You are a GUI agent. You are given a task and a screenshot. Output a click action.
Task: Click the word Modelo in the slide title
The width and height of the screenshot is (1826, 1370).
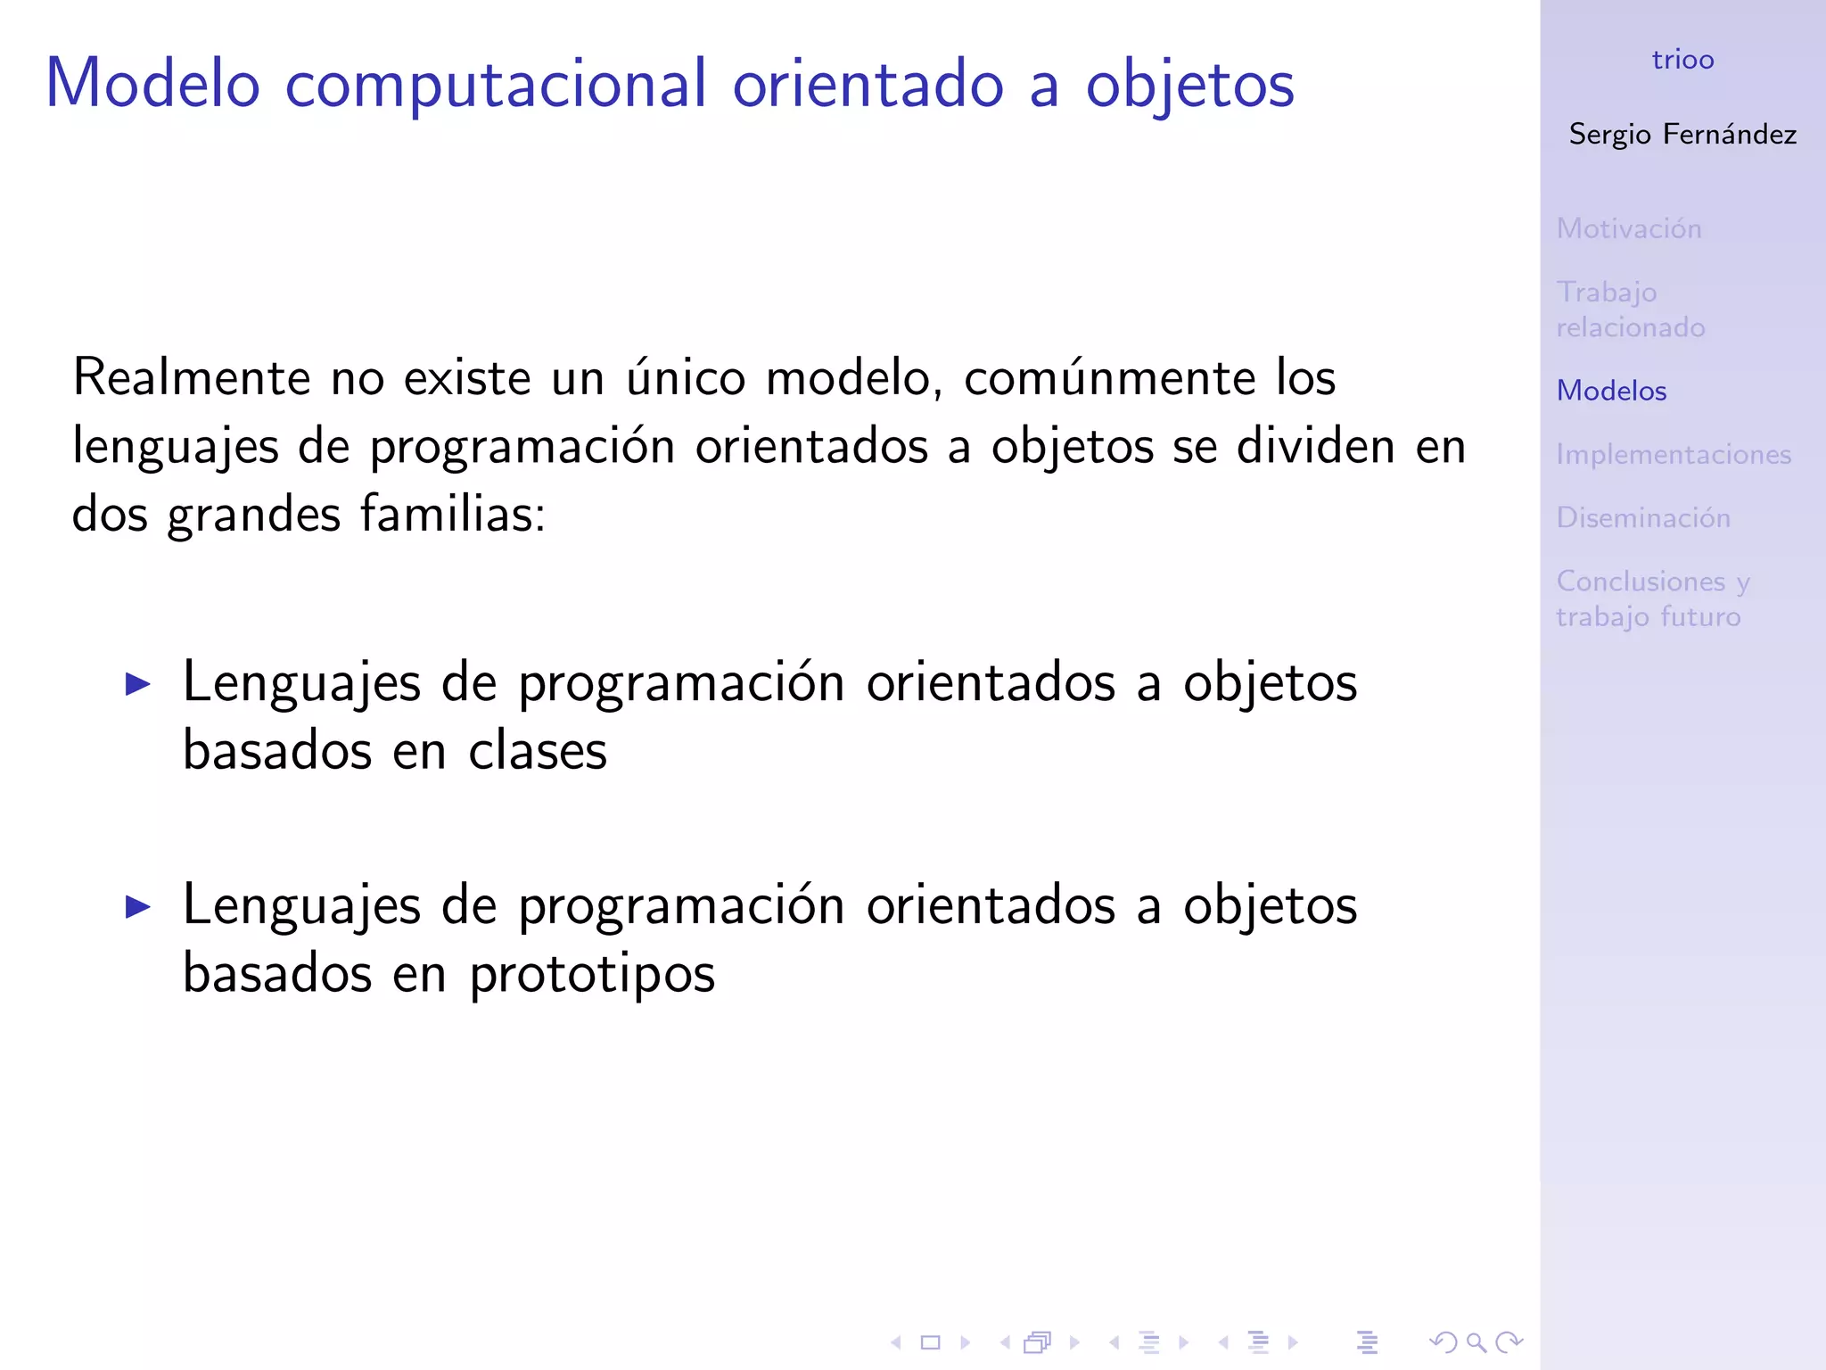click(152, 84)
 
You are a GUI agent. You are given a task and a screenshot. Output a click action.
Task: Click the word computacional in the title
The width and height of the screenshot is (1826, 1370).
click(496, 84)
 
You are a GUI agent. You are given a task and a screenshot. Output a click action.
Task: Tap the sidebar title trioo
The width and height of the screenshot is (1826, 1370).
click(1682, 60)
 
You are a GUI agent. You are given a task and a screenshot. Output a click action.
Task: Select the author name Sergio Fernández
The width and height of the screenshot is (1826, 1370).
click(1682, 134)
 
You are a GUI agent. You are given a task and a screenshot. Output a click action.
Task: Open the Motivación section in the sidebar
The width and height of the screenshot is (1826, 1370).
click(1629, 228)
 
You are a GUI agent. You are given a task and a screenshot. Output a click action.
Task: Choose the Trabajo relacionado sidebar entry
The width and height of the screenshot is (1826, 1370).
click(1630, 309)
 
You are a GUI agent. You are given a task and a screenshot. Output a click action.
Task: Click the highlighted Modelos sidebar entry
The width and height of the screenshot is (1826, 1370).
click(1611, 391)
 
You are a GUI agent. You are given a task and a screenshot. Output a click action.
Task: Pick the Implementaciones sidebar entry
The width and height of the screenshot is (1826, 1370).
click(1674, 455)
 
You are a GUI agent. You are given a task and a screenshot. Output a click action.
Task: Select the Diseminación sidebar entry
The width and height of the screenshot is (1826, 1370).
click(1643, 518)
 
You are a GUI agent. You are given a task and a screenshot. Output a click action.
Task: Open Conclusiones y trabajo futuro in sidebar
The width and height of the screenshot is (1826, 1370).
click(1652, 598)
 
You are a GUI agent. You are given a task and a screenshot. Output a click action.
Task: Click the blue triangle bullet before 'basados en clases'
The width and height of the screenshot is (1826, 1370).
click(138, 684)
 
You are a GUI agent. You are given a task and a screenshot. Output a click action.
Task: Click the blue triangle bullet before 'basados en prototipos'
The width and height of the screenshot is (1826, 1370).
click(138, 907)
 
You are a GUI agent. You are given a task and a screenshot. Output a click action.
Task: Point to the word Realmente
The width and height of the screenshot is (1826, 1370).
click(191, 377)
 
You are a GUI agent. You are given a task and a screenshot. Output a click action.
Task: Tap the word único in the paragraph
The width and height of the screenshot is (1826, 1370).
click(685, 377)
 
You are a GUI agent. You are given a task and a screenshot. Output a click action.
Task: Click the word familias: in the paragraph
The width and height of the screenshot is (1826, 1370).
click(452, 515)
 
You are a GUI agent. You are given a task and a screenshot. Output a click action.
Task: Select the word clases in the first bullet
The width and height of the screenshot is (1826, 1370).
click(538, 751)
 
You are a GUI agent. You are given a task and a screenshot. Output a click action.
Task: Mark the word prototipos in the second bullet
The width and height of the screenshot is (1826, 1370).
click(592, 974)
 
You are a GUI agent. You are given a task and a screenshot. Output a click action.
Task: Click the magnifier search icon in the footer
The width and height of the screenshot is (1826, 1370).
click(1476, 1342)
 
